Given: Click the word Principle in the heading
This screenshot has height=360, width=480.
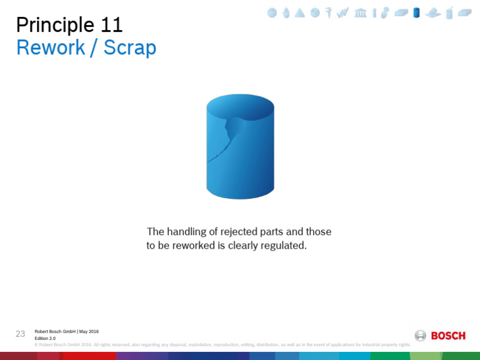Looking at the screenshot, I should point(54,25).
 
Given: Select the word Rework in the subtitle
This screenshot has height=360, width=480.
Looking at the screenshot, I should point(50,48).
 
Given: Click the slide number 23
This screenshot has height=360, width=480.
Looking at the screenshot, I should point(21,334).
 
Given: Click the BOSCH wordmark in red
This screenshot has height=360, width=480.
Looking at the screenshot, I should point(448,336).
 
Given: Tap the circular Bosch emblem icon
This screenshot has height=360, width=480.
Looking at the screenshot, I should point(421,336).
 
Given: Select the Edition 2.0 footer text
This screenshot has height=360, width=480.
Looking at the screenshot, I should point(45,338).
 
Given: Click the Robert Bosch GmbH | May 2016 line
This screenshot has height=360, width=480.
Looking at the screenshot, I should point(66,331).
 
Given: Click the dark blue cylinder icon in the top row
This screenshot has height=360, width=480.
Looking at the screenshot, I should point(416,12).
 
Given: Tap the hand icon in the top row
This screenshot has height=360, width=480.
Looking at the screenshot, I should point(286,12).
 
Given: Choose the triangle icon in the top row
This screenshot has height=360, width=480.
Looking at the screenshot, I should point(300,12).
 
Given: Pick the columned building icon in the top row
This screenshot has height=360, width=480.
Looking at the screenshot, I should point(361,12).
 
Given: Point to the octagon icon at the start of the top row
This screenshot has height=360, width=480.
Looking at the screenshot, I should point(272,12).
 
